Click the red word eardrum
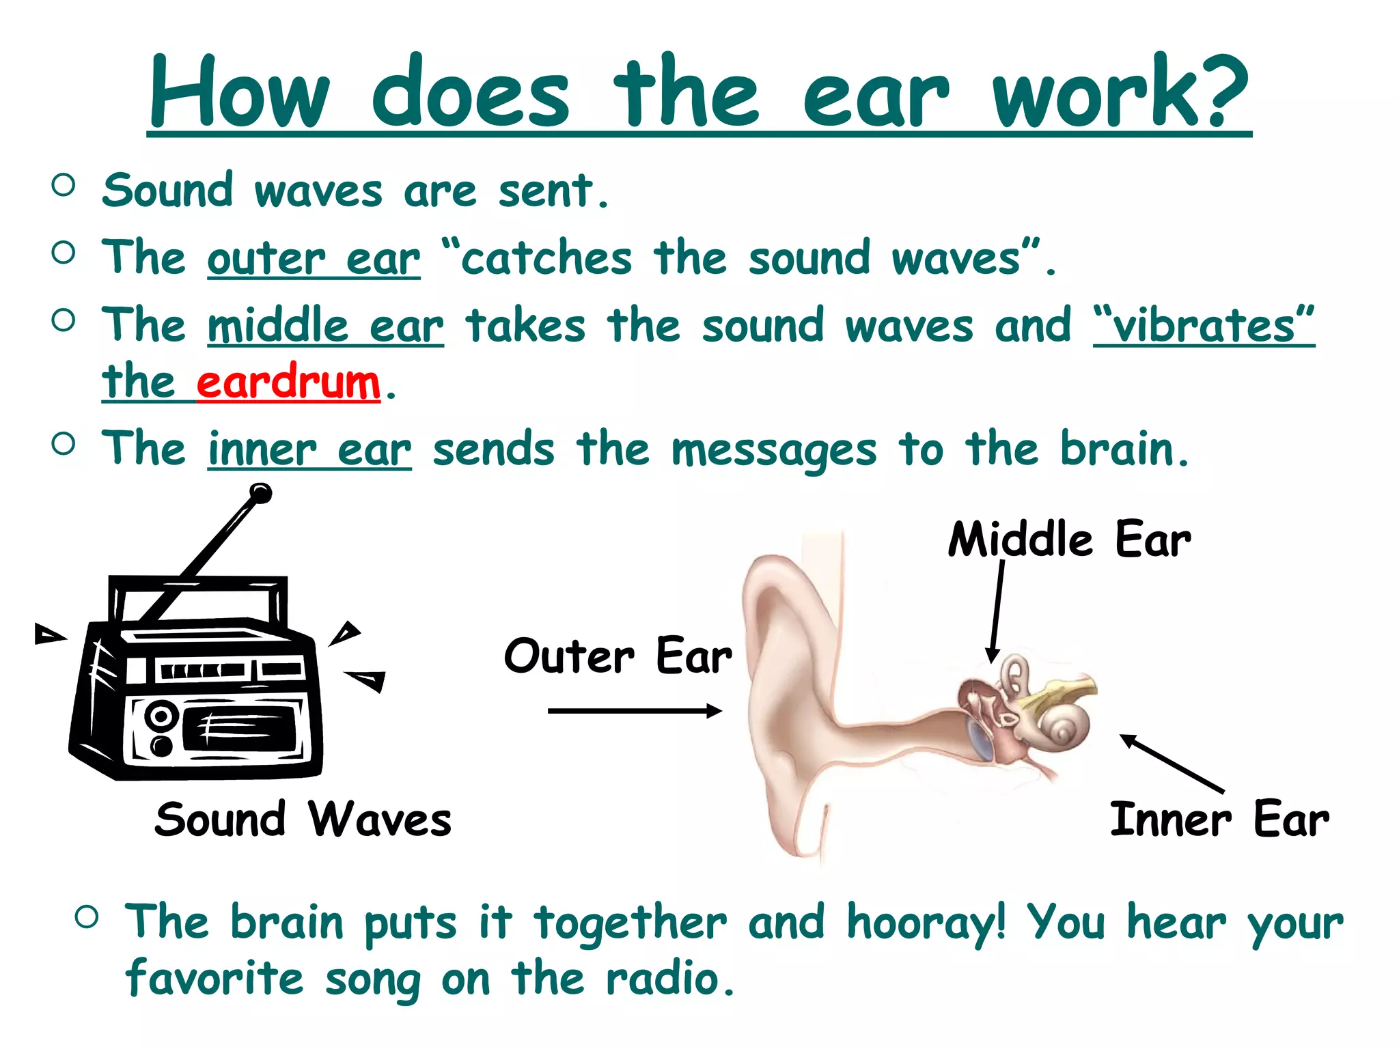point(288,382)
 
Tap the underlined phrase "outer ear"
point(314,259)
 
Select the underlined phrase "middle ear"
point(325,326)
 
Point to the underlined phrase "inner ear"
point(309,450)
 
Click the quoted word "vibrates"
point(1204,326)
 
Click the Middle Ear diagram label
point(1069,540)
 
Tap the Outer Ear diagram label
point(618,656)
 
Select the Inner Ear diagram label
point(1219,820)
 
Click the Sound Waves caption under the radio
point(303,820)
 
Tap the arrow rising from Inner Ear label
point(1172,764)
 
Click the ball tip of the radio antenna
point(260,493)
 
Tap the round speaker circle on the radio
point(161,716)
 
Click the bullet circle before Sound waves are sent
point(63,185)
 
